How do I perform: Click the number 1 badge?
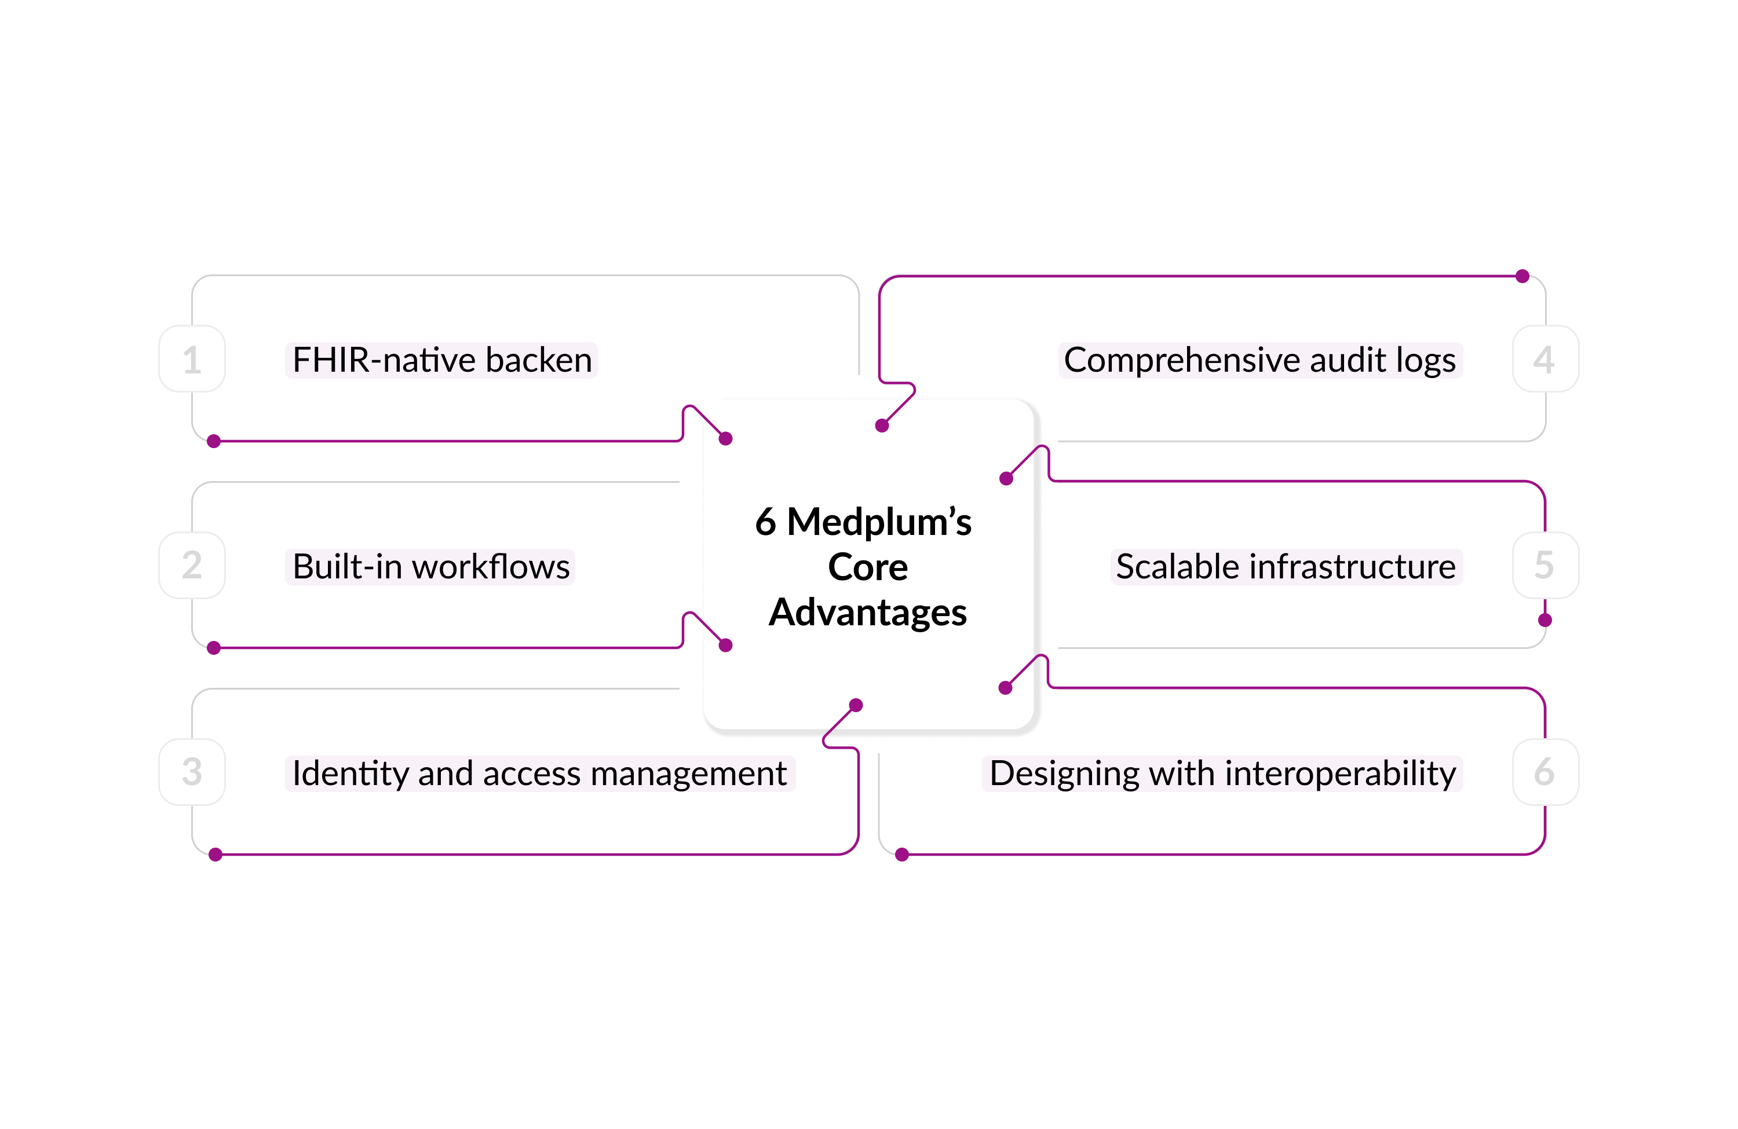click(192, 359)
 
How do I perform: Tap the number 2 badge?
click(192, 566)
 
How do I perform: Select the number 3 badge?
click(192, 772)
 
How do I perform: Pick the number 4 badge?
click(1545, 359)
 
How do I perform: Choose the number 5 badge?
click(1545, 566)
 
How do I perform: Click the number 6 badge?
click(1545, 772)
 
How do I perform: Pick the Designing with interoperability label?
click(1222, 774)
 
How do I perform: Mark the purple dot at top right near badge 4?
click(1522, 276)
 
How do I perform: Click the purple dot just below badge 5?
click(1545, 620)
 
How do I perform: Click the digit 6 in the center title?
click(765, 522)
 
